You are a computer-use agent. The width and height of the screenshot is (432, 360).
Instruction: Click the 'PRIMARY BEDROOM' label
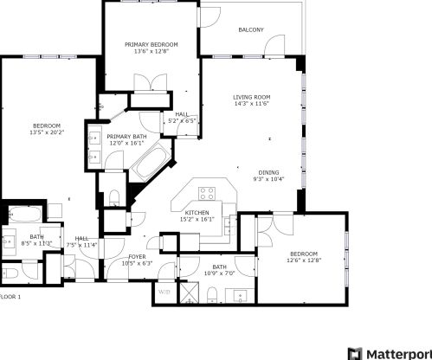151,44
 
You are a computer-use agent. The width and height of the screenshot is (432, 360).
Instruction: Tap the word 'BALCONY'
251,30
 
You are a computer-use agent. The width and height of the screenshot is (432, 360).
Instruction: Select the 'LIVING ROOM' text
252,97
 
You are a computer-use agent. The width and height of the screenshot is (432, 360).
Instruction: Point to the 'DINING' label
268,172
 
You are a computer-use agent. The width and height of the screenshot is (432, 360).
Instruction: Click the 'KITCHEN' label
197,213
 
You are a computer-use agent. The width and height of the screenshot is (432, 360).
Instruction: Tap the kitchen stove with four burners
207,193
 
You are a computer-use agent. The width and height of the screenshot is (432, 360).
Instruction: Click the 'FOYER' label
137,256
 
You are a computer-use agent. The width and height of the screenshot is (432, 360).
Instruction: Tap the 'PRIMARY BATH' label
126,137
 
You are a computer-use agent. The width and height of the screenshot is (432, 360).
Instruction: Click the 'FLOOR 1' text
10,297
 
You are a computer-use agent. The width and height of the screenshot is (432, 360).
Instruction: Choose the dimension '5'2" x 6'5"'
182,120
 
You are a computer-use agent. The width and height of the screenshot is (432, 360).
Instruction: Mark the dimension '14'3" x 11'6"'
252,104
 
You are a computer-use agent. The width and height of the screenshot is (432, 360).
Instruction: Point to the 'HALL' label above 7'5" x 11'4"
82,238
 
